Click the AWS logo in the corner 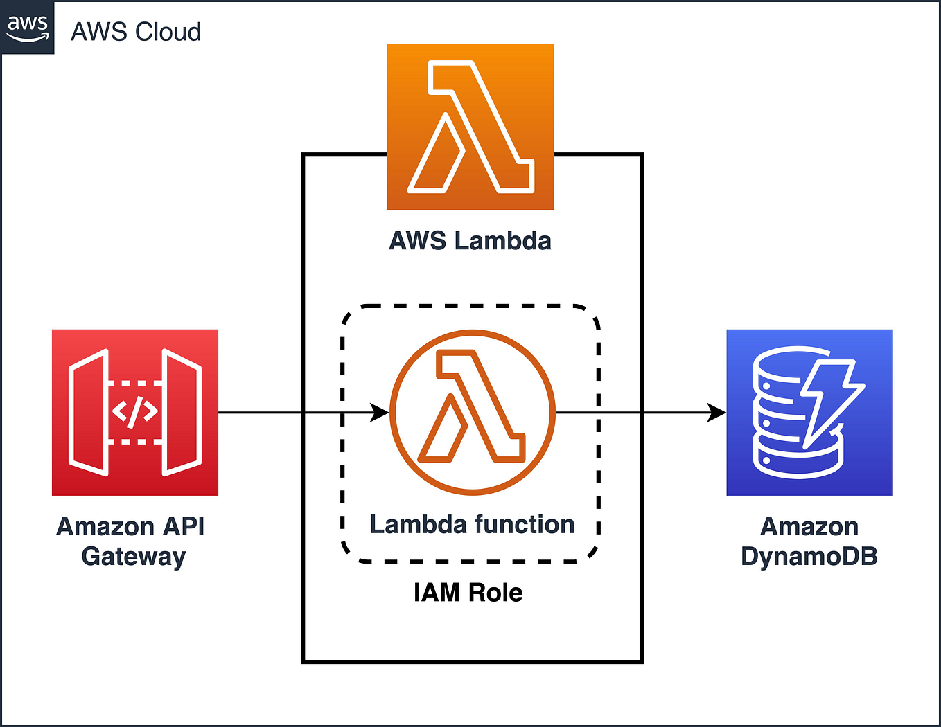(28, 28)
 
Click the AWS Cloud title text (136, 32)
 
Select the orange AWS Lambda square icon (470, 127)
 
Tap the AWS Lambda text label (470, 241)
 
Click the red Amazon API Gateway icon (135, 412)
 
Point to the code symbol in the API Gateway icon (135, 411)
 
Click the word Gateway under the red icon (134, 557)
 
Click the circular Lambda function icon (473, 412)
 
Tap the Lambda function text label (472, 525)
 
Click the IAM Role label (468, 593)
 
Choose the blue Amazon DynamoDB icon (809, 412)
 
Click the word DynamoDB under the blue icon (809, 557)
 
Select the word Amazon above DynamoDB (809, 527)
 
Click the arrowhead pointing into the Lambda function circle (380, 412)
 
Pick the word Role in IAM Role (495, 593)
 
